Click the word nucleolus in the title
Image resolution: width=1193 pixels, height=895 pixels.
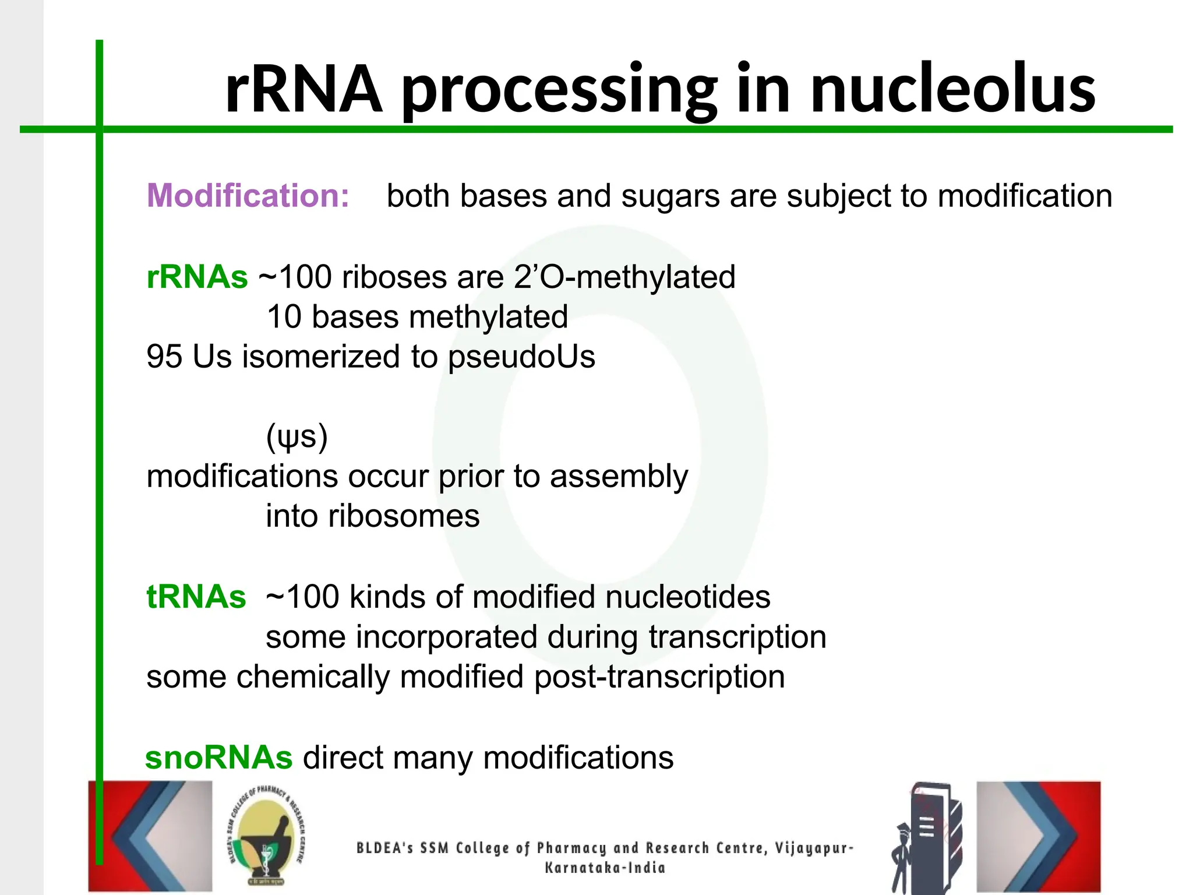[952, 89]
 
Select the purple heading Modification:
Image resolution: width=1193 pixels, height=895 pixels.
[248, 195]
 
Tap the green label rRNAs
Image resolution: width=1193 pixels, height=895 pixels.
[197, 277]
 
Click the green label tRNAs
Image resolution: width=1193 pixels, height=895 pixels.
[196, 597]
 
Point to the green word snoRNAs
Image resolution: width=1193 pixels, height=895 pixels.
[218, 757]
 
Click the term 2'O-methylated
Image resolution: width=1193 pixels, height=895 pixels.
[624, 277]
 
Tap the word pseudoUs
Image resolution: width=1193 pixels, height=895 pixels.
[521, 357]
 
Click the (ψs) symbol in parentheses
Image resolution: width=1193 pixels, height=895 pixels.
[297, 437]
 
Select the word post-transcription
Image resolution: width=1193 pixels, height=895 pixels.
[659, 677]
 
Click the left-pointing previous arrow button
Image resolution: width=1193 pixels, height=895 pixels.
[150, 836]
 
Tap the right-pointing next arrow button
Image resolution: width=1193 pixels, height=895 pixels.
[1039, 836]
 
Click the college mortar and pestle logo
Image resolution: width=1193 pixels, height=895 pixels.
[266, 836]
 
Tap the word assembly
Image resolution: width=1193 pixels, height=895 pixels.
[619, 477]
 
